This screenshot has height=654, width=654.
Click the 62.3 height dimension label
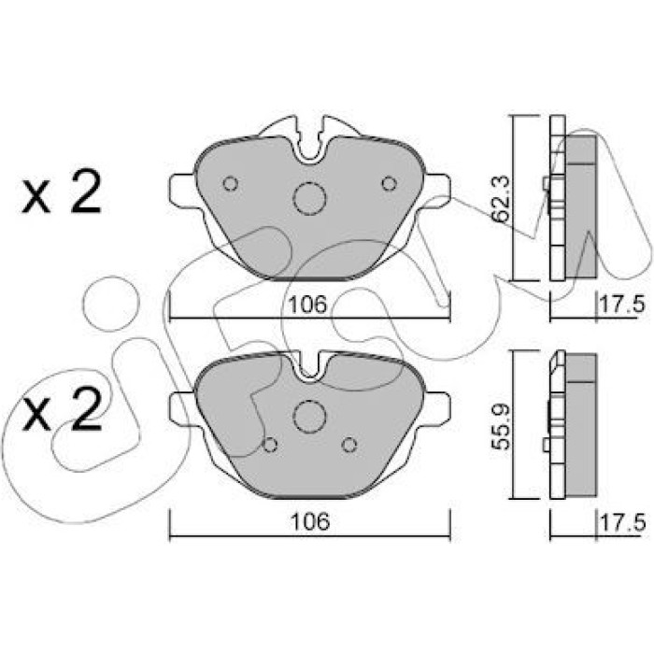click(x=502, y=197)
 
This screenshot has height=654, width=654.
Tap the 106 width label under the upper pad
click(x=308, y=305)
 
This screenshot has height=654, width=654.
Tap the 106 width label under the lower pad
click(x=310, y=521)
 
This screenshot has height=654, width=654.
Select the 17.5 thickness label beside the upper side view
click(x=622, y=304)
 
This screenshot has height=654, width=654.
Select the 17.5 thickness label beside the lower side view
click(x=622, y=522)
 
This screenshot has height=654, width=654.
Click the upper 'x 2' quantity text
click(x=62, y=192)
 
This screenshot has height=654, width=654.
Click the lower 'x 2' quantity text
click(x=62, y=409)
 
